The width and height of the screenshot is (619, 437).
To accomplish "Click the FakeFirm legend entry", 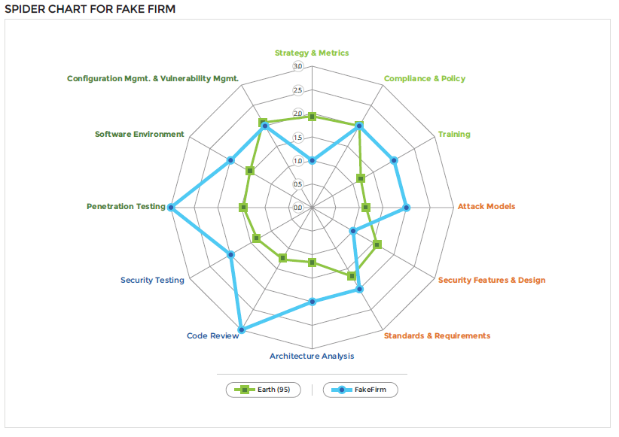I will point(360,390).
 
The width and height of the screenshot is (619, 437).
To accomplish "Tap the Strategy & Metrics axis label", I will point(312,53).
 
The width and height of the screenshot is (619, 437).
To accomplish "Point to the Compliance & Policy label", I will point(425,78).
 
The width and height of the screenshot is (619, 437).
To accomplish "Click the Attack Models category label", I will point(486,206).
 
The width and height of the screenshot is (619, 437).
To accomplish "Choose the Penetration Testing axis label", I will point(126,206).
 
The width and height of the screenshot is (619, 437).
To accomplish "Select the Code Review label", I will point(213,335).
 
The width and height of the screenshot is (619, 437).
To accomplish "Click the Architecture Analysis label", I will point(312,356).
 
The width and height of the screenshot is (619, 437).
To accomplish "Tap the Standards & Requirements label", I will point(437,335).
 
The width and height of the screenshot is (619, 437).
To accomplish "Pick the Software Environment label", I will point(139,134).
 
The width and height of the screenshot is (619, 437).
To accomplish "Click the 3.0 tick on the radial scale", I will point(297,67).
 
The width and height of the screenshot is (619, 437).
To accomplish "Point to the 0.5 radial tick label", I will point(297,184).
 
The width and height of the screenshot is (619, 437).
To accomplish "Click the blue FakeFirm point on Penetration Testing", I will point(171,208).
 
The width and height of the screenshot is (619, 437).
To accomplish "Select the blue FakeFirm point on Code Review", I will point(241,329).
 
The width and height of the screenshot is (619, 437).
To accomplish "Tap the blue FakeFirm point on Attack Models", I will point(406,208).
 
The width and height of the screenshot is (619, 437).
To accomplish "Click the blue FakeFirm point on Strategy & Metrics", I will point(312,160).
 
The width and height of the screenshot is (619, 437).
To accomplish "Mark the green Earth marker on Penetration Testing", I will point(243,208).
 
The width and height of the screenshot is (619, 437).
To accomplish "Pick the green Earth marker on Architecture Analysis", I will point(312,263).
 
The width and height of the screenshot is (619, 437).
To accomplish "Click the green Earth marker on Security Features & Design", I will point(377,244).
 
